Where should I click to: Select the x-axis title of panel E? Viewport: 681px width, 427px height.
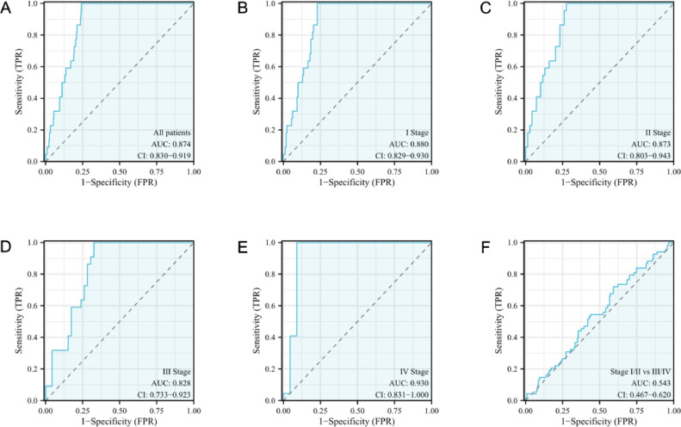356,422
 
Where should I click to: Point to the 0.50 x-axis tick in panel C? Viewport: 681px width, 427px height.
598,171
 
